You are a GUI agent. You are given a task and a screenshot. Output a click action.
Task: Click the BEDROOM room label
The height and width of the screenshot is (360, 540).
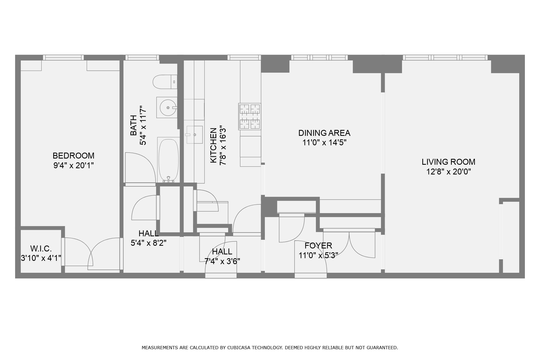pos(73,156)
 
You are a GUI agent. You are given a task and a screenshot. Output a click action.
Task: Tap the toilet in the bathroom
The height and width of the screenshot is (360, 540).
pos(165,82)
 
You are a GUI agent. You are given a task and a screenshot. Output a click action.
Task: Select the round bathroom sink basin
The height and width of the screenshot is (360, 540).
pos(168,107)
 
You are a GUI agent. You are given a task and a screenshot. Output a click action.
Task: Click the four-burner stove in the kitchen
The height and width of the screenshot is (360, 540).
pos(250,116)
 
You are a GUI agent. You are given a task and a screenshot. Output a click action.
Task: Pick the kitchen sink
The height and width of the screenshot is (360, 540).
pos(194,134)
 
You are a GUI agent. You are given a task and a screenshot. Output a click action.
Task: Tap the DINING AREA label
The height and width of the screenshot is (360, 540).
pos(324,133)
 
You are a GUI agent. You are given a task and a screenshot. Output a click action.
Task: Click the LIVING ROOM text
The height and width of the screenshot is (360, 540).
pos(448,162)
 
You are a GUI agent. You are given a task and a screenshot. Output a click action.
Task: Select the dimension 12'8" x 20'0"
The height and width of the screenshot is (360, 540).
pos(448,172)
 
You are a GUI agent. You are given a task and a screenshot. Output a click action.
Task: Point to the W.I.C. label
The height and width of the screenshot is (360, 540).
pos(41,248)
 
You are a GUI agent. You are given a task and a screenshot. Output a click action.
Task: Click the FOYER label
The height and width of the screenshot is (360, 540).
pos(318,245)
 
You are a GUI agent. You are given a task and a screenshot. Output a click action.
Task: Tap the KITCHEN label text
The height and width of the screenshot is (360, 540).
pos(214,145)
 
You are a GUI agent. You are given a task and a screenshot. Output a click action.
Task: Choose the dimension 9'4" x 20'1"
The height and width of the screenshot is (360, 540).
pos(73,165)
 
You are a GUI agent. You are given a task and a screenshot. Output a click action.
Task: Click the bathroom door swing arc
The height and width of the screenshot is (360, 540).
pos(146,159)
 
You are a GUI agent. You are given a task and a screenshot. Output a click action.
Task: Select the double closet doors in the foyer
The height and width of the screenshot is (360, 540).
pos(349,243)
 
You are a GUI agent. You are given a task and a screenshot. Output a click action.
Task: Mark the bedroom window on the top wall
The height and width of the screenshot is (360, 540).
pos(63,58)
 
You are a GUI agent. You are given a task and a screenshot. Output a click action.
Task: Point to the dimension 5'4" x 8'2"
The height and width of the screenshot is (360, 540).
pos(148,243)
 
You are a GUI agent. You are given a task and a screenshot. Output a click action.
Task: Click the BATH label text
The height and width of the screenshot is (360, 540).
pos(133,125)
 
